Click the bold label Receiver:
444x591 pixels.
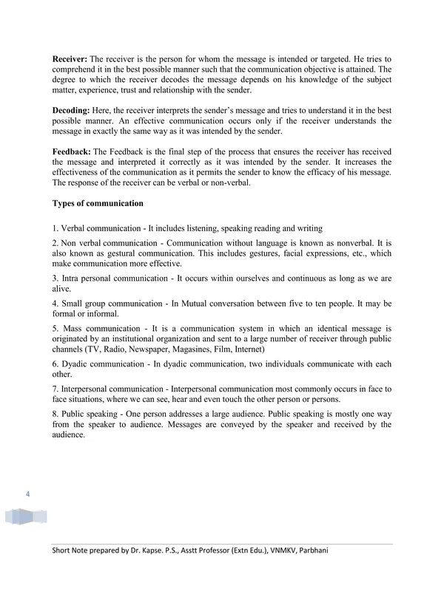[x=73, y=57]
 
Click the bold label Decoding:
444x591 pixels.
[x=74, y=109]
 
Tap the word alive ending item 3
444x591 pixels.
[x=62, y=290]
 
